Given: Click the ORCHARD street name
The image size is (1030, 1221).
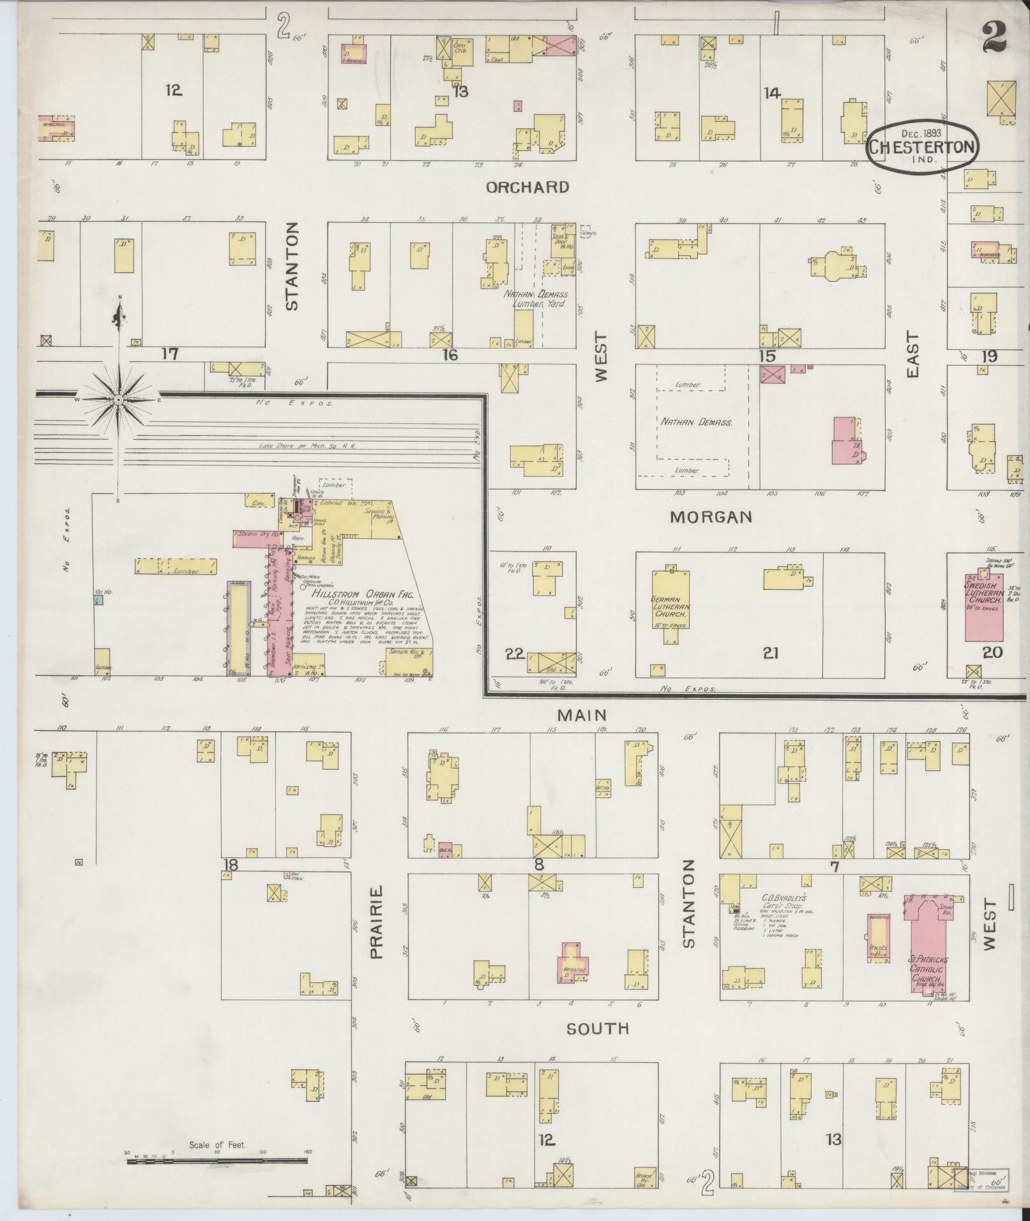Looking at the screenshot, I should click(527, 187).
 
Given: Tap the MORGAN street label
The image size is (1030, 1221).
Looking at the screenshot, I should click(711, 517).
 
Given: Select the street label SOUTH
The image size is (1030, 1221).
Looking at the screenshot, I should click(598, 1028).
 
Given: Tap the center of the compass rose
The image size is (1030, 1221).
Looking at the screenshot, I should click(118, 400).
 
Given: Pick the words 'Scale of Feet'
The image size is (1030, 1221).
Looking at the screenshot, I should click(217, 1145).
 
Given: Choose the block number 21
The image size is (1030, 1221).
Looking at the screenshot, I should click(771, 653).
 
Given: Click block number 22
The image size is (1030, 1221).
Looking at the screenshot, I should click(515, 653).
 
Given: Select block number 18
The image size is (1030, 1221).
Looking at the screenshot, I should click(231, 865).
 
